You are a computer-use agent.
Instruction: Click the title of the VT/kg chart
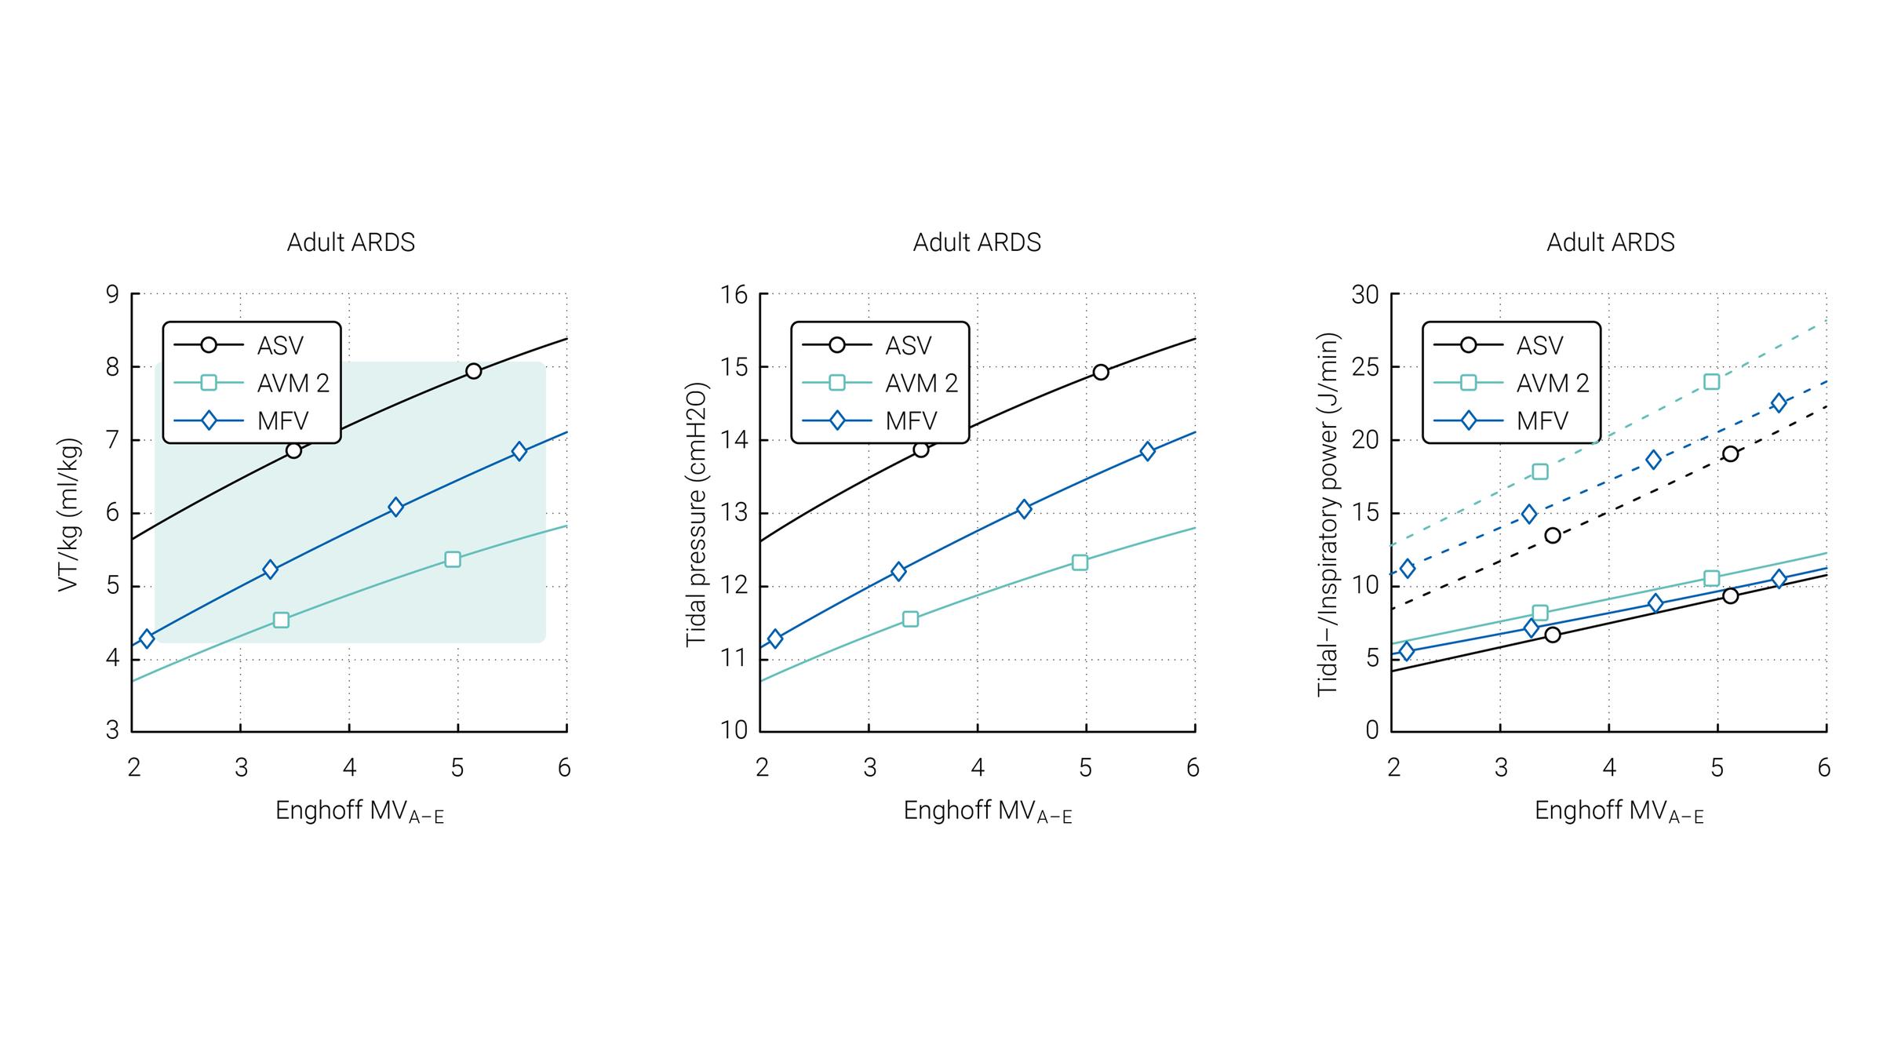[x=351, y=242]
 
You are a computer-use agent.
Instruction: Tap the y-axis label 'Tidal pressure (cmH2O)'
[x=697, y=515]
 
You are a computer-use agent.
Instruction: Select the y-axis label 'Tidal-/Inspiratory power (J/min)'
[x=1328, y=515]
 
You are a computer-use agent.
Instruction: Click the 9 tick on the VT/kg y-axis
[x=113, y=295]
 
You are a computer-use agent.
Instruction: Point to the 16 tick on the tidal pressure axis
[x=734, y=295]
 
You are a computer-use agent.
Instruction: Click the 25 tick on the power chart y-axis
[x=1365, y=367]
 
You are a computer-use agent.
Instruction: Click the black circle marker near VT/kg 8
[x=473, y=371]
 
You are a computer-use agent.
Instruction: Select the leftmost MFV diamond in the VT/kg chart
[x=147, y=639]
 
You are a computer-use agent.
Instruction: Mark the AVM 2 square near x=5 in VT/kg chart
[x=453, y=559]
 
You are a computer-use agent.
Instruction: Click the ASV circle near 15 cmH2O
[x=1101, y=372]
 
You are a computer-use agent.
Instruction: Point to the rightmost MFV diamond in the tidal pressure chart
[x=1148, y=451]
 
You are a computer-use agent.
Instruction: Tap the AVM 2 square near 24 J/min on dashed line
[x=1712, y=382]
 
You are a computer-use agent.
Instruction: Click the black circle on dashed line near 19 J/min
[x=1731, y=454]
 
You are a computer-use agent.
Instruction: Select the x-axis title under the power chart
[x=1619, y=812]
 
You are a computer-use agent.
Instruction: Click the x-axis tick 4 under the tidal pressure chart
[x=978, y=768]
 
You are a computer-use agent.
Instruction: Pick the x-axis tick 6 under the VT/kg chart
[x=564, y=768]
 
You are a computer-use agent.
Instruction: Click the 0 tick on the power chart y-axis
[x=1371, y=730]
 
